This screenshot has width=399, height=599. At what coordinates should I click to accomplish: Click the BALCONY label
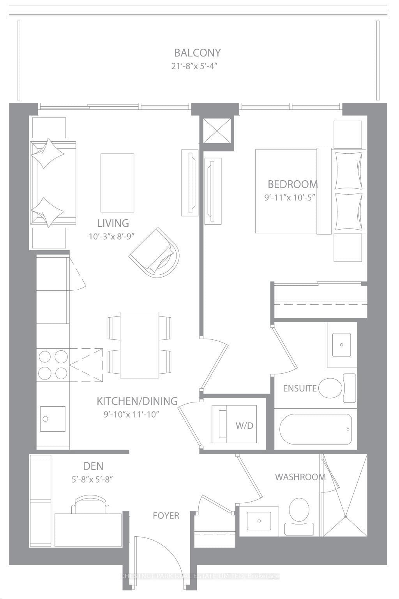(197, 53)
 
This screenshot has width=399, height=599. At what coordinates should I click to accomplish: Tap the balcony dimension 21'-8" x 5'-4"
(194, 66)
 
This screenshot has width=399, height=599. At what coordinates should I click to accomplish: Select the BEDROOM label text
(292, 184)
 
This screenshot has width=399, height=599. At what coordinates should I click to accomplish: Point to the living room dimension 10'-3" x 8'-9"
(113, 236)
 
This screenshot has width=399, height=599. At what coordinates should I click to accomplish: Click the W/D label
(244, 426)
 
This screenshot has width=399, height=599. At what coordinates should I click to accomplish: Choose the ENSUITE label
(300, 388)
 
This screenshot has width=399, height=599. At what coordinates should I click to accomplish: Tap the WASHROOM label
(300, 477)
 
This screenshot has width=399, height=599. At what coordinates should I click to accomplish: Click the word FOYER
(166, 516)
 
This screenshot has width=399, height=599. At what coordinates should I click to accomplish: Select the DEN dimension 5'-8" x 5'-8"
(92, 480)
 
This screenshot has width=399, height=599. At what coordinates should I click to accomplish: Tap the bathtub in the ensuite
(316, 429)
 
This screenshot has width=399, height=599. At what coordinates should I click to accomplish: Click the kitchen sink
(53, 418)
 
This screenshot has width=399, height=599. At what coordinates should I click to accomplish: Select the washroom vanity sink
(259, 520)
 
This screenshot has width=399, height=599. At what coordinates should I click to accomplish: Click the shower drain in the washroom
(345, 516)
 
